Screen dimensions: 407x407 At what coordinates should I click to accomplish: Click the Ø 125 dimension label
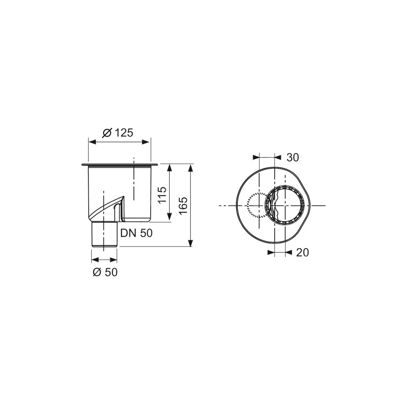point(118,133)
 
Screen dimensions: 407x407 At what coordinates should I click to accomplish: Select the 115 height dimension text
point(162,195)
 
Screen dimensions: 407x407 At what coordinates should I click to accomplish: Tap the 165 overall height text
point(183,205)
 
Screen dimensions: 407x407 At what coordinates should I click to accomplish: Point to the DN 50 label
point(136,233)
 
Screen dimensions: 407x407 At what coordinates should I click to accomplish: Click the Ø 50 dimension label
point(105,272)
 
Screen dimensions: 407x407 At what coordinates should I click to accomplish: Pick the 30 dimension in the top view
point(293,157)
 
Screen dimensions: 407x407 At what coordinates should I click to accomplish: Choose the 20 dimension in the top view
point(302,252)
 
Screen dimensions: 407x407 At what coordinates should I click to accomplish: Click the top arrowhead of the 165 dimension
point(190,168)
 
